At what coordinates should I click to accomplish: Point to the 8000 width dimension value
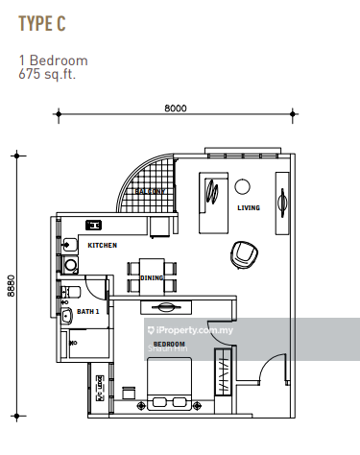coord(174,108)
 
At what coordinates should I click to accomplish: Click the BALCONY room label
coord(150,192)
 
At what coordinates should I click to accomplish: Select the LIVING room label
coord(249,207)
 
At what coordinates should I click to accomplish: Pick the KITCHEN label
coord(102,246)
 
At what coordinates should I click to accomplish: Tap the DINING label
coord(152,278)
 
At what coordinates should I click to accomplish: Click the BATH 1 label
coord(88,312)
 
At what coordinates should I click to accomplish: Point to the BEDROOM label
coord(169,343)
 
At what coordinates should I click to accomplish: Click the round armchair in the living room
coord(244,254)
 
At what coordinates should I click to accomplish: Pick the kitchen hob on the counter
coord(94,226)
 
